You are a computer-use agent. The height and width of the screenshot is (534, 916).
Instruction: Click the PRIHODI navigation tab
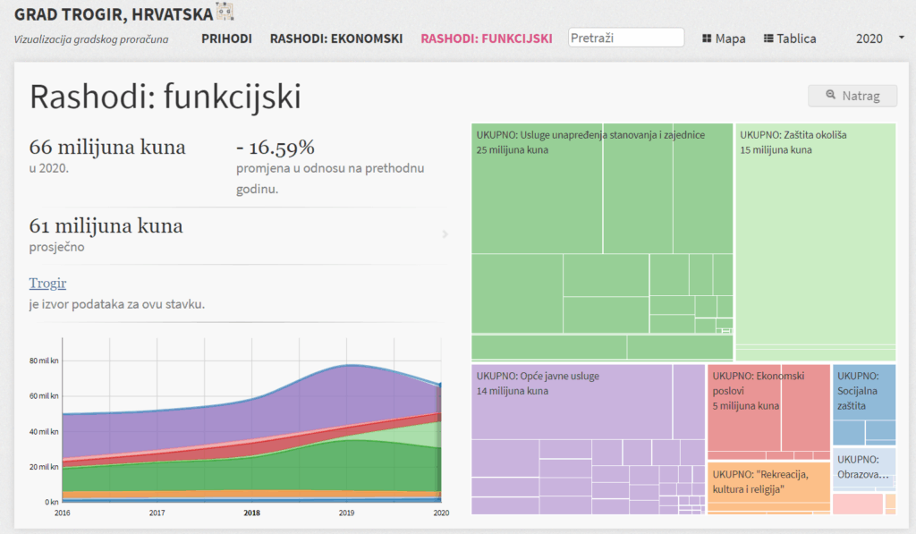226,38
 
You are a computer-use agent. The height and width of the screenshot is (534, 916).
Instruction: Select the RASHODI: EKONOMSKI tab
336,38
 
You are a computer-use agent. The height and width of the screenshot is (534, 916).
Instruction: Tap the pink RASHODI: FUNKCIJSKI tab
487,38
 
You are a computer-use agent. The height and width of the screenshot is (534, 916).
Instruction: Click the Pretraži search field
626,38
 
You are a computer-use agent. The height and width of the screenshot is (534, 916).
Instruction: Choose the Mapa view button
724,38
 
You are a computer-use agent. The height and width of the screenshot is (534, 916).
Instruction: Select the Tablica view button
790,38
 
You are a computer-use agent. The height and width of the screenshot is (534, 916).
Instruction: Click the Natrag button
852,96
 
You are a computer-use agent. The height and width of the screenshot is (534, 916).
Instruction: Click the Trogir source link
47,284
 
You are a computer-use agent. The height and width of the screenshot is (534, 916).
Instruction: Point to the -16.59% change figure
275,148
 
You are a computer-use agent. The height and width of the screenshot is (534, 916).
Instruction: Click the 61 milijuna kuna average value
106,225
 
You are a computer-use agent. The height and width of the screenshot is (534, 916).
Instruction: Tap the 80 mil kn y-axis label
44,360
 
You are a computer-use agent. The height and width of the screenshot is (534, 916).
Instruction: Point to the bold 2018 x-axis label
251,513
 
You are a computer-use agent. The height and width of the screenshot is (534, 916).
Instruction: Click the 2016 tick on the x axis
63,513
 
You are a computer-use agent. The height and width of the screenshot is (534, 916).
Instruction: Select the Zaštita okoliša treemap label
793,135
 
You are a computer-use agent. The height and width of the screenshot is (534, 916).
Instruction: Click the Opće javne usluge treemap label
538,376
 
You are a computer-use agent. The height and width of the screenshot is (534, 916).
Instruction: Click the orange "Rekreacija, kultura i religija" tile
760,481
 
